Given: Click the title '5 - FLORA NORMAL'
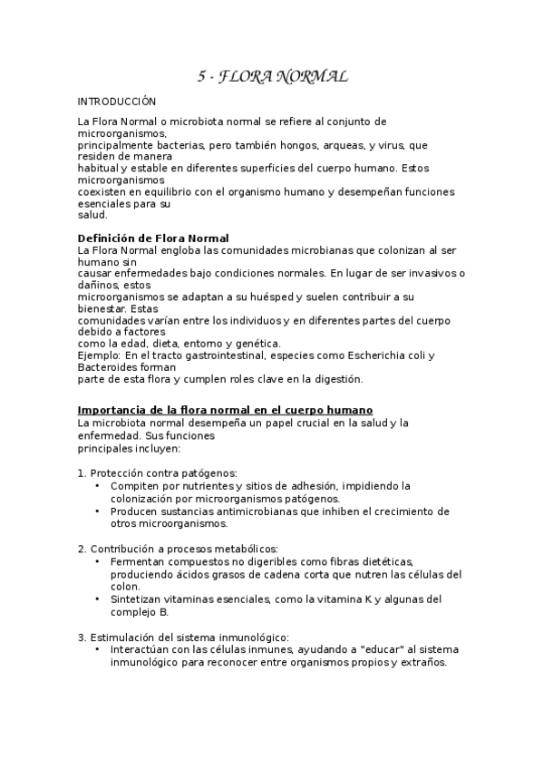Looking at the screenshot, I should (x=273, y=77).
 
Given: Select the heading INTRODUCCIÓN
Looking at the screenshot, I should (x=117, y=102).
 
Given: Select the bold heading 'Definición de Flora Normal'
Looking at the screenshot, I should (x=153, y=238).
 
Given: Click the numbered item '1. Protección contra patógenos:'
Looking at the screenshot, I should (x=158, y=473).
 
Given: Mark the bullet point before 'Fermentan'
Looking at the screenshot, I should (x=98, y=561).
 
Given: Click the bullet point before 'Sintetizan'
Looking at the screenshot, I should (x=98, y=599).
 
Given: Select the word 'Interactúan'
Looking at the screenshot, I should (x=140, y=649).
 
